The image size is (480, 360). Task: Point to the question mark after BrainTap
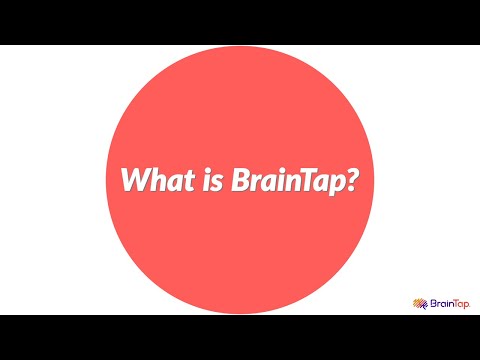[x=353, y=181]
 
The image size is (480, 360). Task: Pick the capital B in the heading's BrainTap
[x=228, y=181]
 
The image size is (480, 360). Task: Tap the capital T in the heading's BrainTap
[x=303, y=181]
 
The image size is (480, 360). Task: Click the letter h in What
[x=154, y=181]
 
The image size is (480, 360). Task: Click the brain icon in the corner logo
[x=419, y=303]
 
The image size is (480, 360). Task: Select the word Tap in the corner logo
[x=463, y=303]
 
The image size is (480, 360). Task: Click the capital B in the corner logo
[x=431, y=303]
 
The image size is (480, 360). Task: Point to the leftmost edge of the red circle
[x=107, y=180]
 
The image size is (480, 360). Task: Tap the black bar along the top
[x=240, y=22]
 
